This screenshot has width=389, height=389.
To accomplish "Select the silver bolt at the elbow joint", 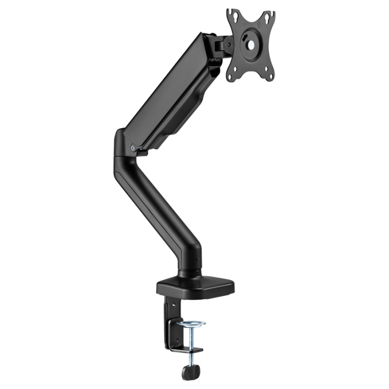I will pos(132,148).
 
